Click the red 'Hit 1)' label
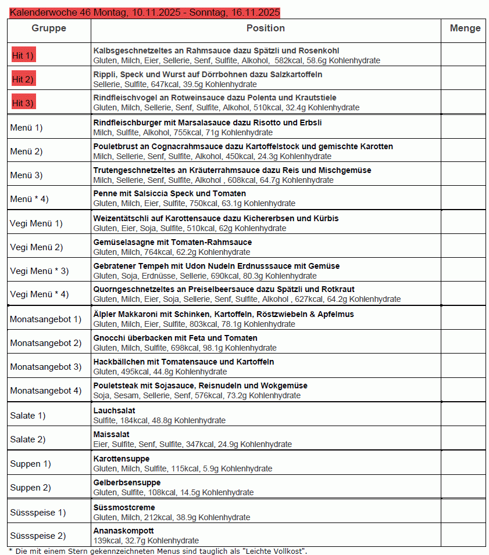click(x=23, y=56)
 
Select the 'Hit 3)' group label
click(x=23, y=103)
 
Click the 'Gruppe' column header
click(x=49, y=28)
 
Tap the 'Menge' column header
click(x=465, y=28)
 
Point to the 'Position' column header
click(x=266, y=28)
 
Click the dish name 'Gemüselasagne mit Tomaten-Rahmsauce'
click(x=173, y=242)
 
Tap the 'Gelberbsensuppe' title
click(x=127, y=482)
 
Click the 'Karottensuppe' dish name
click(x=122, y=459)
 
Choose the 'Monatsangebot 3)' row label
click(x=46, y=367)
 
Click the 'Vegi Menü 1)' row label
click(x=36, y=224)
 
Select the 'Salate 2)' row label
click(x=28, y=439)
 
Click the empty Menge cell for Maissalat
click(x=463, y=439)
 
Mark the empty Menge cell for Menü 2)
click(x=463, y=152)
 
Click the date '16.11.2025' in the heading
click(x=255, y=12)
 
